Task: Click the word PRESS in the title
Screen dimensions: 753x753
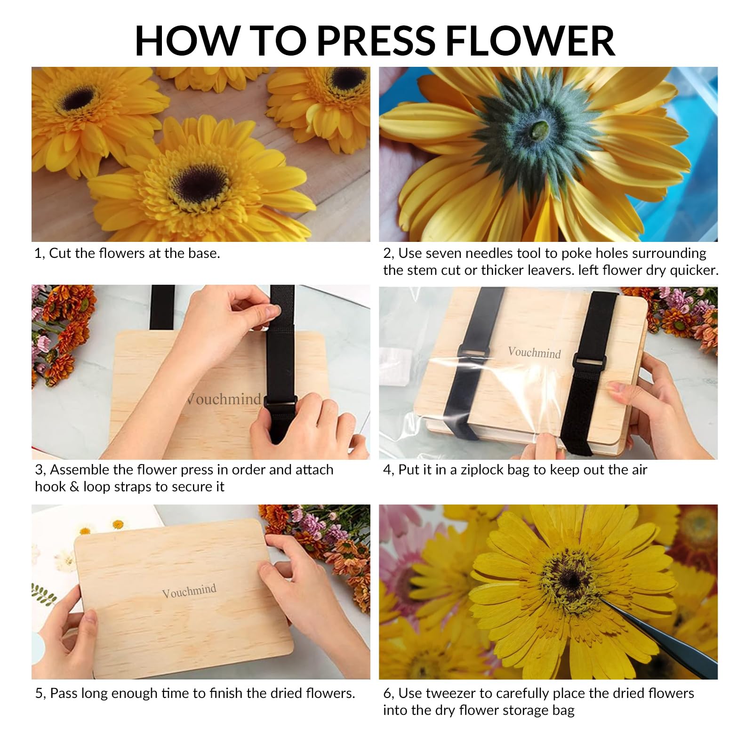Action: (x=376, y=41)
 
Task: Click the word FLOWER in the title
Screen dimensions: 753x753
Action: (x=530, y=41)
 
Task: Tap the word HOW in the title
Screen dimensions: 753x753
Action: (x=188, y=41)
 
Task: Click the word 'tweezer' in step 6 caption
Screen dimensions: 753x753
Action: (x=450, y=693)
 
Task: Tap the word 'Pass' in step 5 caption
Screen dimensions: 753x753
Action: (x=64, y=693)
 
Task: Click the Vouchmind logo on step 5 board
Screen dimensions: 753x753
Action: (x=189, y=591)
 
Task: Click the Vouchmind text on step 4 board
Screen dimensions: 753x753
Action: (x=535, y=352)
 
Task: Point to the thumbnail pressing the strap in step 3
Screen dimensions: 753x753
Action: (x=272, y=311)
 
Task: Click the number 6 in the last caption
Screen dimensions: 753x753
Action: (x=387, y=693)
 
